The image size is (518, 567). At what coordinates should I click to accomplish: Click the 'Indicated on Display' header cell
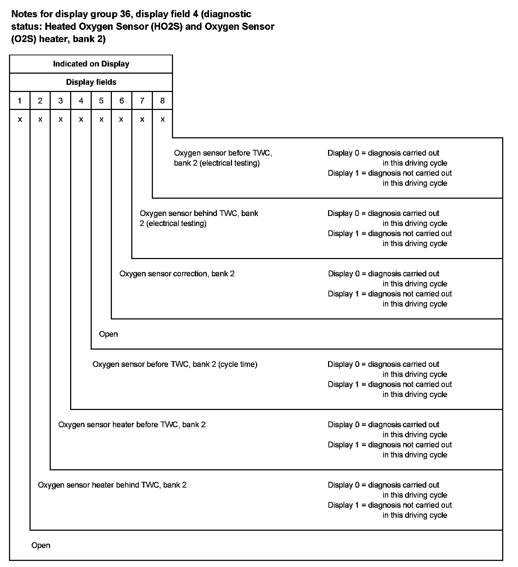(x=91, y=64)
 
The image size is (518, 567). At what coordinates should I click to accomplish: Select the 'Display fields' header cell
(x=91, y=82)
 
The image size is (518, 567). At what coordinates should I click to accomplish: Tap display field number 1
(x=20, y=101)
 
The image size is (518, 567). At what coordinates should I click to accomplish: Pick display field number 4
(x=81, y=101)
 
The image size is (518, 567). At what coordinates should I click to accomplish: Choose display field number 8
(x=162, y=101)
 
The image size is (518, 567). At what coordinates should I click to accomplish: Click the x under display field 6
(x=121, y=119)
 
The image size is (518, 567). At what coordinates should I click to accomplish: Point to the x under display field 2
(x=40, y=119)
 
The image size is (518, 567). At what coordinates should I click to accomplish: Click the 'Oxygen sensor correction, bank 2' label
(x=177, y=274)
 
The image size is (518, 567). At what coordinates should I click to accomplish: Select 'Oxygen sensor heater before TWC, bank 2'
(x=132, y=425)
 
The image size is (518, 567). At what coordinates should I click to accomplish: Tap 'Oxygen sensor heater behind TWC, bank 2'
(x=112, y=485)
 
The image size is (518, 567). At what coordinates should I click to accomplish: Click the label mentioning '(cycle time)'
(x=175, y=364)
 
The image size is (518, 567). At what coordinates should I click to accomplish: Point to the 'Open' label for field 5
(x=108, y=334)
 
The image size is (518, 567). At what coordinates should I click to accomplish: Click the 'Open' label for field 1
(x=41, y=545)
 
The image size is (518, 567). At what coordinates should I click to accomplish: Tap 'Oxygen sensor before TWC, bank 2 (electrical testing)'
(x=223, y=158)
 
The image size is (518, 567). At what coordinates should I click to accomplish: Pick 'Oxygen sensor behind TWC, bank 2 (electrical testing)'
(x=199, y=218)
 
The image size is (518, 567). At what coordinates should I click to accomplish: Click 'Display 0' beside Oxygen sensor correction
(x=344, y=274)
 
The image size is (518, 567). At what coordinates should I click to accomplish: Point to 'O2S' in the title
(x=23, y=39)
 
